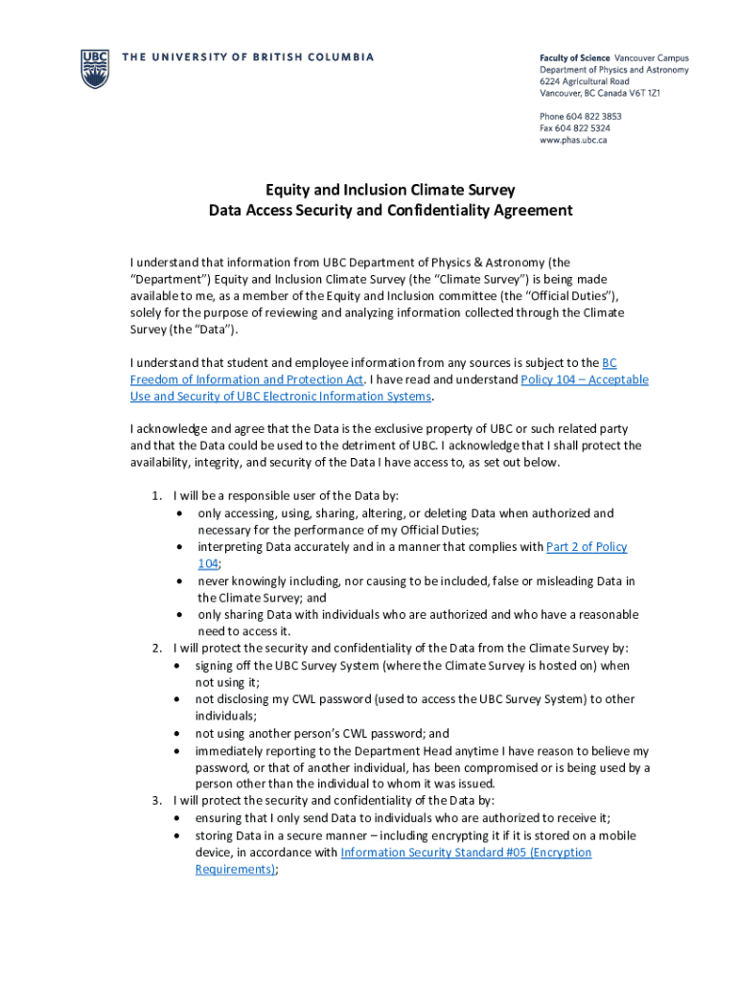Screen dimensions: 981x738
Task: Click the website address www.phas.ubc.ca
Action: [x=573, y=140]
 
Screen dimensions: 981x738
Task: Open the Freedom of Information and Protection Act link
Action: [x=246, y=379]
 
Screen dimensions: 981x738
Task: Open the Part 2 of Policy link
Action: [x=587, y=547]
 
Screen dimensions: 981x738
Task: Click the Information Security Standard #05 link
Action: [x=466, y=853]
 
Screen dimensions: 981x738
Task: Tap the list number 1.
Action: [x=156, y=496]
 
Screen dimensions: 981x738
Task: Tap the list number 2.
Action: [x=156, y=649]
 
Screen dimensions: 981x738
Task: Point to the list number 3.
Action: [x=156, y=801]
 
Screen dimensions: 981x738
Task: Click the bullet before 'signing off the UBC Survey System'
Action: [x=179, y=666]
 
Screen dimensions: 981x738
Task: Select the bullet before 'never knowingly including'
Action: [x=179, y=582]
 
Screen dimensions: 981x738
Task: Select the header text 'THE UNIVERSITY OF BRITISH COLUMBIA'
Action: [x=247, y=57]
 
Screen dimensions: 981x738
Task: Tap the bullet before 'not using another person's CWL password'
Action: [x=179, y=734]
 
